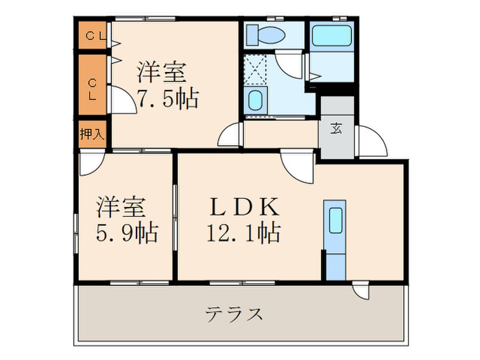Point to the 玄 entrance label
click(x=337, y=128)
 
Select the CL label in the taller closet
click(x=92, y=88)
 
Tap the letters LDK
click(x=243, y=206)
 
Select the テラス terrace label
click(x=234, y=315)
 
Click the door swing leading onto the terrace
click(x=361, y=291)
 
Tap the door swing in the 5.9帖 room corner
click(x=91, y=164)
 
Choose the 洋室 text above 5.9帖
click(x=123, y=206)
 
